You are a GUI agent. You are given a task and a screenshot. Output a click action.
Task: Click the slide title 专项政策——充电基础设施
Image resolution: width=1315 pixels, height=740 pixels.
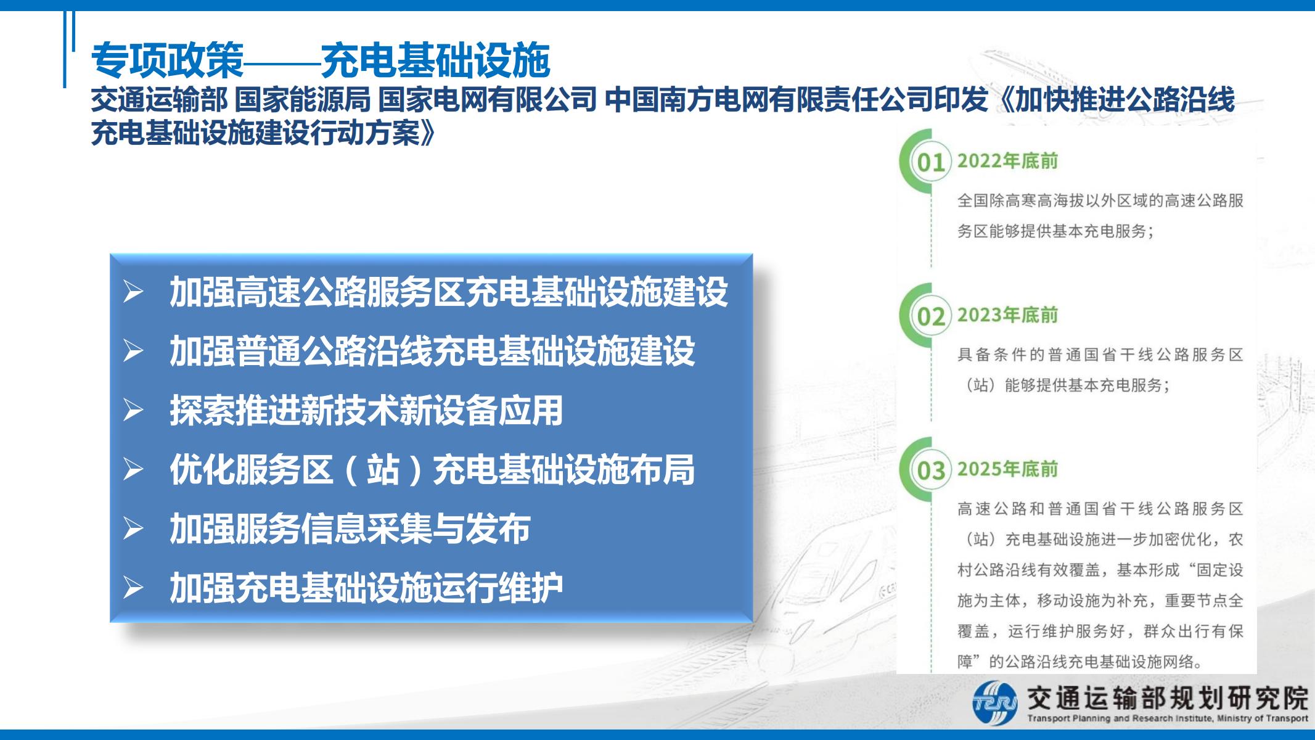point(321,60)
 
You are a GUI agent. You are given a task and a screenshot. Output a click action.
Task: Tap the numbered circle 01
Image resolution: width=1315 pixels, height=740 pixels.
point(931,162)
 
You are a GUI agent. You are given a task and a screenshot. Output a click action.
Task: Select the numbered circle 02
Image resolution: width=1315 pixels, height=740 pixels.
point(931,316)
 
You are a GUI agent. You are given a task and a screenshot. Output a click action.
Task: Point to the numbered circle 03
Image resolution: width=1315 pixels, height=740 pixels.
point(931,471)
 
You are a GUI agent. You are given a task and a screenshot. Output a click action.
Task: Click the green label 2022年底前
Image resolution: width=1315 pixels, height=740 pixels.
point(1007,161)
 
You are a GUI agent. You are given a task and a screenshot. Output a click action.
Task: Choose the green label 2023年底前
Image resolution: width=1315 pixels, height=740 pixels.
point(1007,315)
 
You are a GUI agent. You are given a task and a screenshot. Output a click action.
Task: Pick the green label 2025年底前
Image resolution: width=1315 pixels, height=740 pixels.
point(1007,469)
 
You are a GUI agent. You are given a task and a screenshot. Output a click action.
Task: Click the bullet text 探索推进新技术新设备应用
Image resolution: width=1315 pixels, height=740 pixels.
point(366,410)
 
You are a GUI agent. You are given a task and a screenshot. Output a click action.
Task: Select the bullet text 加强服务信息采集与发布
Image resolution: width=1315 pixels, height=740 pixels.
point(350,528)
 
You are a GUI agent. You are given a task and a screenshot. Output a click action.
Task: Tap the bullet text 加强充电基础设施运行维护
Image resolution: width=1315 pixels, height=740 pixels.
point(366,588)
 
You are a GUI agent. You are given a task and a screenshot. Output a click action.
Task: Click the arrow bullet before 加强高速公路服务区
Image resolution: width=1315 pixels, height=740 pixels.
point(133,292)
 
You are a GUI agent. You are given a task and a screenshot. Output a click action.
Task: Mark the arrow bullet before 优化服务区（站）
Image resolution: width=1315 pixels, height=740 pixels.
point(133,469)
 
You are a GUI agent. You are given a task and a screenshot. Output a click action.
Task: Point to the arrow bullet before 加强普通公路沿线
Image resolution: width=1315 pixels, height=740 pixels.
point(133,351)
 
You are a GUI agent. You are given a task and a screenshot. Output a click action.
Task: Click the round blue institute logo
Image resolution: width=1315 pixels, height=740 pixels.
point(994,703)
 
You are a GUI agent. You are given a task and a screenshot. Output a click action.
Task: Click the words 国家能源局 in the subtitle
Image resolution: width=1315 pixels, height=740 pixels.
point(303,100)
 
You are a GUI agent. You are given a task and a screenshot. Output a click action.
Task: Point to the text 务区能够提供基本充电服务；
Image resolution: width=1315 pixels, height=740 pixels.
point(1055,231)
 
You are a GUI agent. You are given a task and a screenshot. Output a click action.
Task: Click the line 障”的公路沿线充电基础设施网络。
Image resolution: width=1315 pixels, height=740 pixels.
point(1080,662)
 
